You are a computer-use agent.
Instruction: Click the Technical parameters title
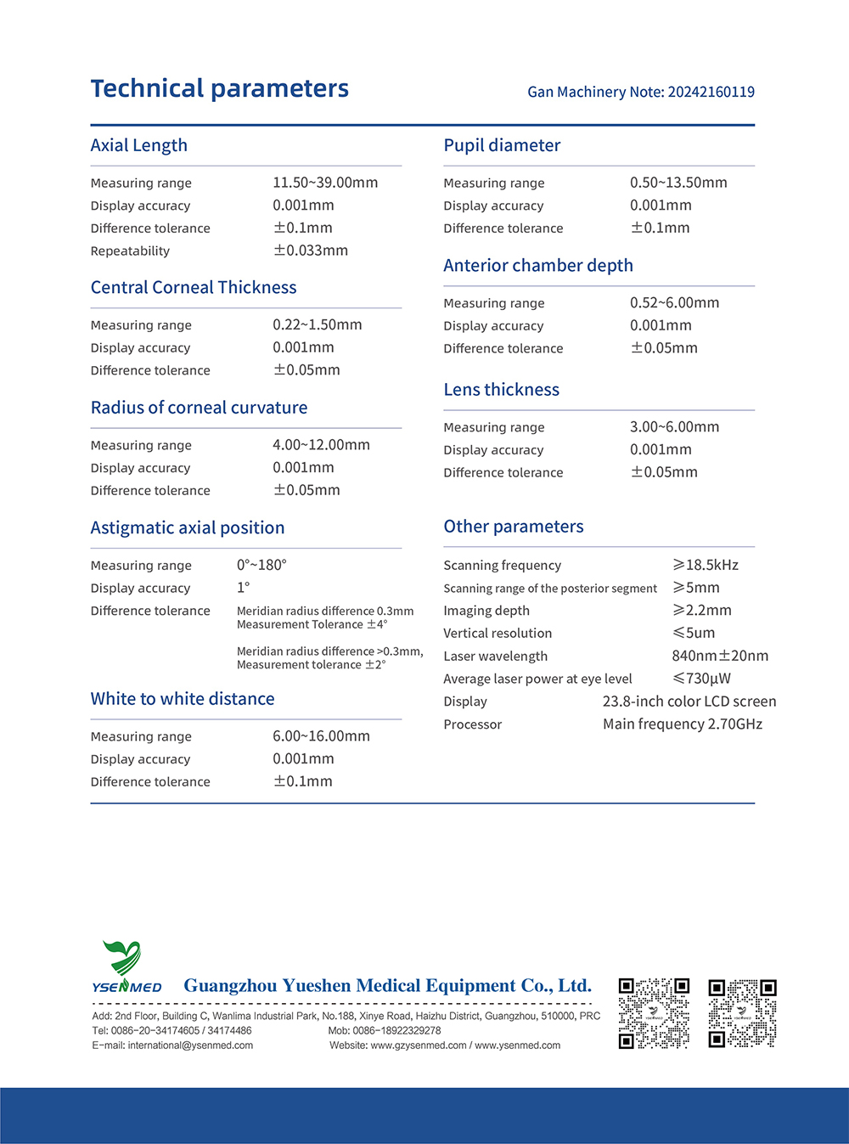[219, 88]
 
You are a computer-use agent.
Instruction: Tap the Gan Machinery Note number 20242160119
[711, 92]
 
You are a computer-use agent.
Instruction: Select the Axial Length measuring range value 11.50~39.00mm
[325, 183]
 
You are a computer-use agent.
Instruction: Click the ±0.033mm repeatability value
[311, 251]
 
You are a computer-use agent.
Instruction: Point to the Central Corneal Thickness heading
[194, 288]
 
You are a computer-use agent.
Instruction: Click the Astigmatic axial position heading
[188, 527]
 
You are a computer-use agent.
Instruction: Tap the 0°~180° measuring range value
[261, 565]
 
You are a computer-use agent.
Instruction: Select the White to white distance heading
[183, 699]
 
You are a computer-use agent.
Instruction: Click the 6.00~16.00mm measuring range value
[321, 736]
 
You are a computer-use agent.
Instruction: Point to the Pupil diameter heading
[502, 145]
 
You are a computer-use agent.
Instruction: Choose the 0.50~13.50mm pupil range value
[678, 183]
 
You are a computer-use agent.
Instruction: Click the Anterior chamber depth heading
[538, 266]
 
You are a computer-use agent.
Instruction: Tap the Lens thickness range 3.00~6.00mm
[674, 427]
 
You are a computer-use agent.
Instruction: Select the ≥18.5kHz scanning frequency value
[706, 565]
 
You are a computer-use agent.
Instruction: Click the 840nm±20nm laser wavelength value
[720, 656]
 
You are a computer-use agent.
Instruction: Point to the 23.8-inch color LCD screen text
[689, 702]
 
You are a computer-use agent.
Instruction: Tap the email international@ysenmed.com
[190, 1045]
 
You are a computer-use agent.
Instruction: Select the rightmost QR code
[742, 1012]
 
